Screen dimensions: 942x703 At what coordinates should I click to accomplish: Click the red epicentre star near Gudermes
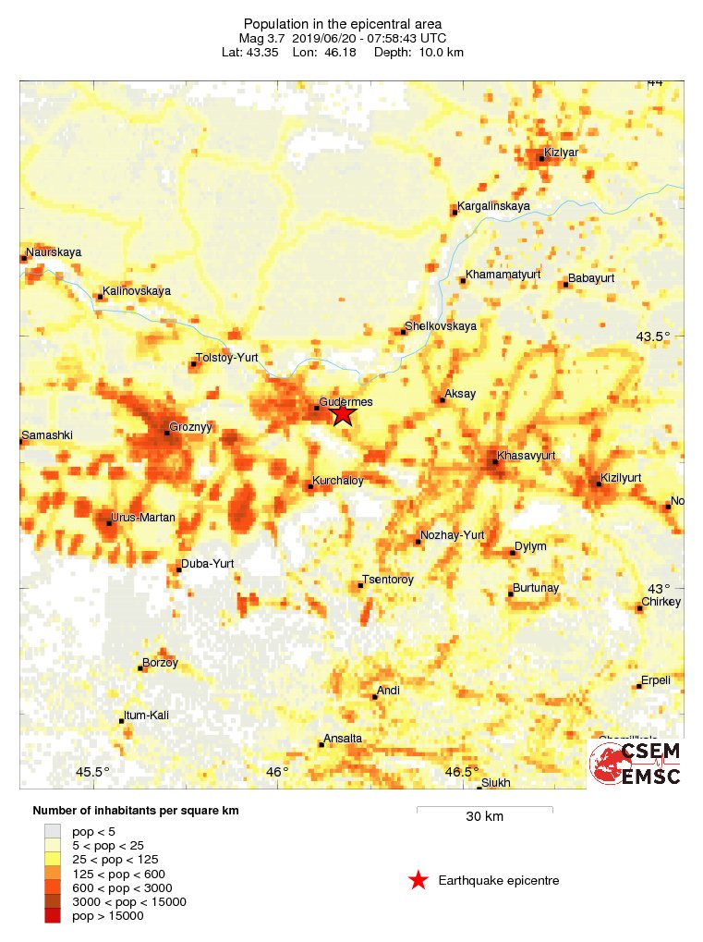tap(343, 413)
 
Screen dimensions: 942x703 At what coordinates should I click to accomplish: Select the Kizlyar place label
tap(561, 152)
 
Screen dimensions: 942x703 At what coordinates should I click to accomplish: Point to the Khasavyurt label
tap(526, 456)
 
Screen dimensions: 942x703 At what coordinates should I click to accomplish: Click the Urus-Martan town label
tap(142, 518)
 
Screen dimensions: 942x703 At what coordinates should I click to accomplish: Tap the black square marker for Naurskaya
tap(23, 258)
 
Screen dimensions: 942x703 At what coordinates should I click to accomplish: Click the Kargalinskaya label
tap(494, 206)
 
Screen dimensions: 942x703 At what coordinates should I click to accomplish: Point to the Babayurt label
tap(591, 278)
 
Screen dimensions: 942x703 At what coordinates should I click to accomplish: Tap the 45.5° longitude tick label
tap(92, 772)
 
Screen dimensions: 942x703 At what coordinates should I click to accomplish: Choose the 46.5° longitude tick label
tap(462, 772)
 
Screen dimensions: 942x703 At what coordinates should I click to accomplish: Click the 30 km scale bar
tap(484, 809)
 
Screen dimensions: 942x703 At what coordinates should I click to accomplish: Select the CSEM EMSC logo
tap(636, 763)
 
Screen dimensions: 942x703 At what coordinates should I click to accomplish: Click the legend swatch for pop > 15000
tap(53, 915)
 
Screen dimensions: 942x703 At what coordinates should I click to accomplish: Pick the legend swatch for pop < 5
tap(53, 831)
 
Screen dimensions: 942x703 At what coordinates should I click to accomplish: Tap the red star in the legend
tap(418, 880)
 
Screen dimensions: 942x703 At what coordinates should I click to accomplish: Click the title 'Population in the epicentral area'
tap(343, 23)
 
